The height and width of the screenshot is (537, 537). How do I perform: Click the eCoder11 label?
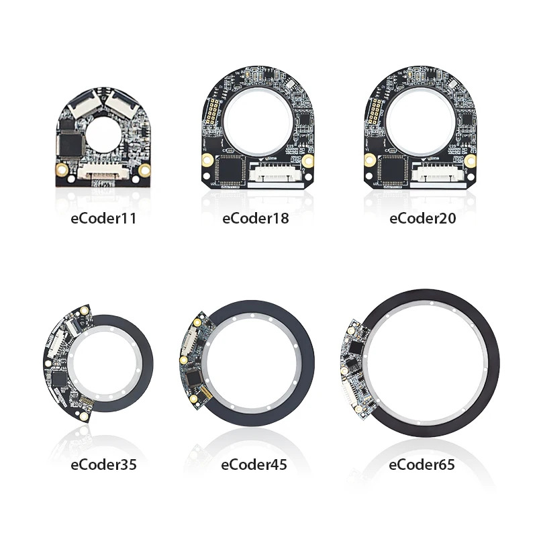pos(103,219)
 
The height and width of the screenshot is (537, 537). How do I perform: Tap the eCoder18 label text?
pos(256,219)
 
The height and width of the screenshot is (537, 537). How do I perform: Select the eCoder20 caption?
pos(423,219)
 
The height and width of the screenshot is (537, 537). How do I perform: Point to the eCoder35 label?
pos(103,465)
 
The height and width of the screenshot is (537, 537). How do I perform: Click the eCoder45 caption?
pos(254,465)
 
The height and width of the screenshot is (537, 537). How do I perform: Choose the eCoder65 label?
pos(422,465)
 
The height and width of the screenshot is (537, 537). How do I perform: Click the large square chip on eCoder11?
pos(71,144)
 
